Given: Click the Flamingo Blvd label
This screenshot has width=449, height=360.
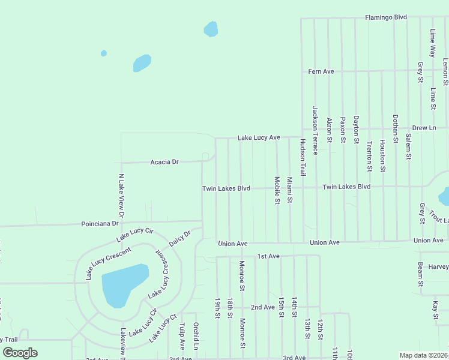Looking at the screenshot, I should coord(387,18).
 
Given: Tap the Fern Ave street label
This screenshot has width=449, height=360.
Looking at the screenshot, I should coord(321,71).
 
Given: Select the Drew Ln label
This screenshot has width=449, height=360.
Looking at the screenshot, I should coord(424,128).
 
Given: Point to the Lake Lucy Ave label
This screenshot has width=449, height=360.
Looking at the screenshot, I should coord(259,137).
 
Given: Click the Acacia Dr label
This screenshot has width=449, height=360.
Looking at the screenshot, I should coord(164,162).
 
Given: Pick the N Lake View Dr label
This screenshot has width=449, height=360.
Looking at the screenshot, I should coord(121,196).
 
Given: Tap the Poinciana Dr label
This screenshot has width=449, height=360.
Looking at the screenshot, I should coord(100,223).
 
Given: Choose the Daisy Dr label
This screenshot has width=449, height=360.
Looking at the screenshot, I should coord(179,237).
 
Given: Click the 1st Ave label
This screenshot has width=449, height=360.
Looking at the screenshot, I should coord(268,256).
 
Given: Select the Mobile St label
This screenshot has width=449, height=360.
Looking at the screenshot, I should coord(277,190).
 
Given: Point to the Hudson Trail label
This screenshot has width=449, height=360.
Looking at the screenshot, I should coord(303,157).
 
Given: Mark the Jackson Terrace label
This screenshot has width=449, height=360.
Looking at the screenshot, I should coord(315,131).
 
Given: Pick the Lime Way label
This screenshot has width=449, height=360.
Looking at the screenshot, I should coord(432,43).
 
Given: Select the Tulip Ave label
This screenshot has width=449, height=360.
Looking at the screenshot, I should coord(181,337).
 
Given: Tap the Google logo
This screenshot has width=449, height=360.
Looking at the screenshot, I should coord(20,353).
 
